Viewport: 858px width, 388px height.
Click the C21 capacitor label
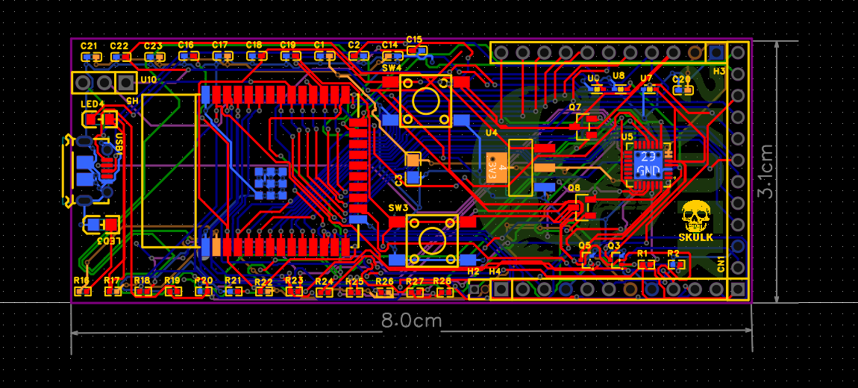(89, 46)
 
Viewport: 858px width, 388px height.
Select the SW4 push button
(425, 101)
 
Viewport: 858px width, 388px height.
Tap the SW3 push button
(431, 240)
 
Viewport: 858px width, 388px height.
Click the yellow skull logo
(695, 216)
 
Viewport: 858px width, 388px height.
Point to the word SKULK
(695, 237)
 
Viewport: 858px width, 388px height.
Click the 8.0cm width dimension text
(411, 322)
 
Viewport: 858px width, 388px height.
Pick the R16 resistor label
(81, 281)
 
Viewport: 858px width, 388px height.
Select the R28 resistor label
(442, 281)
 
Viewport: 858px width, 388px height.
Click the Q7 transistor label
(574, 107)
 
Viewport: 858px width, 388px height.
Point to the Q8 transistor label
(573, 187)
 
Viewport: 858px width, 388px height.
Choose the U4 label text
(491, 132)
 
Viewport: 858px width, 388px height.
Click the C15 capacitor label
(414, 39)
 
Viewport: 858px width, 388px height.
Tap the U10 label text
(148, 80)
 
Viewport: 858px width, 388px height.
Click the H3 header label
(719, 71)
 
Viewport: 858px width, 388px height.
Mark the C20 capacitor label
(681, 78)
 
